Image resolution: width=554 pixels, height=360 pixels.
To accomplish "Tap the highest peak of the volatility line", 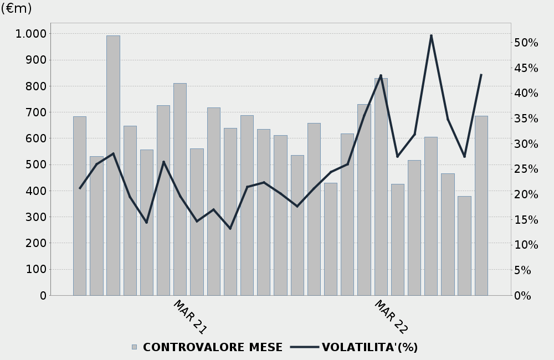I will (x=431, y=36).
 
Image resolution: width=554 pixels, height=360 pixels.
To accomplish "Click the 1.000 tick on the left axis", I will (x=31, y=34).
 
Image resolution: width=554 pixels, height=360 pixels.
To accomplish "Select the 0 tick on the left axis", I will (x=43, y=296).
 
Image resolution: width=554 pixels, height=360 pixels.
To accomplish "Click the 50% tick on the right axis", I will (x=526, y=43).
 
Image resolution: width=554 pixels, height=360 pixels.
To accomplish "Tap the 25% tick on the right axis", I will (x=526, y=169).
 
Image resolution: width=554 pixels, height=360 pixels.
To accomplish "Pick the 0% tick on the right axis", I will (x=522, y=296).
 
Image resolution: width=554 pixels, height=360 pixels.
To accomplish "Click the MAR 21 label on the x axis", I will (x=190, y=317).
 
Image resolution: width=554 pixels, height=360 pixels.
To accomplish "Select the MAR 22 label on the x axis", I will (x=391, y=317).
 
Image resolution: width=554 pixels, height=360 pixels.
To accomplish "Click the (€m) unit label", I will (x=16, y=8).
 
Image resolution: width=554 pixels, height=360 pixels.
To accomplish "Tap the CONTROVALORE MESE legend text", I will (x=213, y=347).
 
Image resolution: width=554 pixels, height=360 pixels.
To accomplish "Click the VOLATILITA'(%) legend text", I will (x=370, y=347).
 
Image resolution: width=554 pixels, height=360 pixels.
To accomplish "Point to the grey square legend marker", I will (x=134, y=347).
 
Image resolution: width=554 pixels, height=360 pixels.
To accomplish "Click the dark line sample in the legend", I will (x=304, y=347).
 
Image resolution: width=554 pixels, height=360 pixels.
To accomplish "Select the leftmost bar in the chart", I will (x=80, y=205).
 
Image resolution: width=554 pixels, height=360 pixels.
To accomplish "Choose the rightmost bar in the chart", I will (x=481, y=205).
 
